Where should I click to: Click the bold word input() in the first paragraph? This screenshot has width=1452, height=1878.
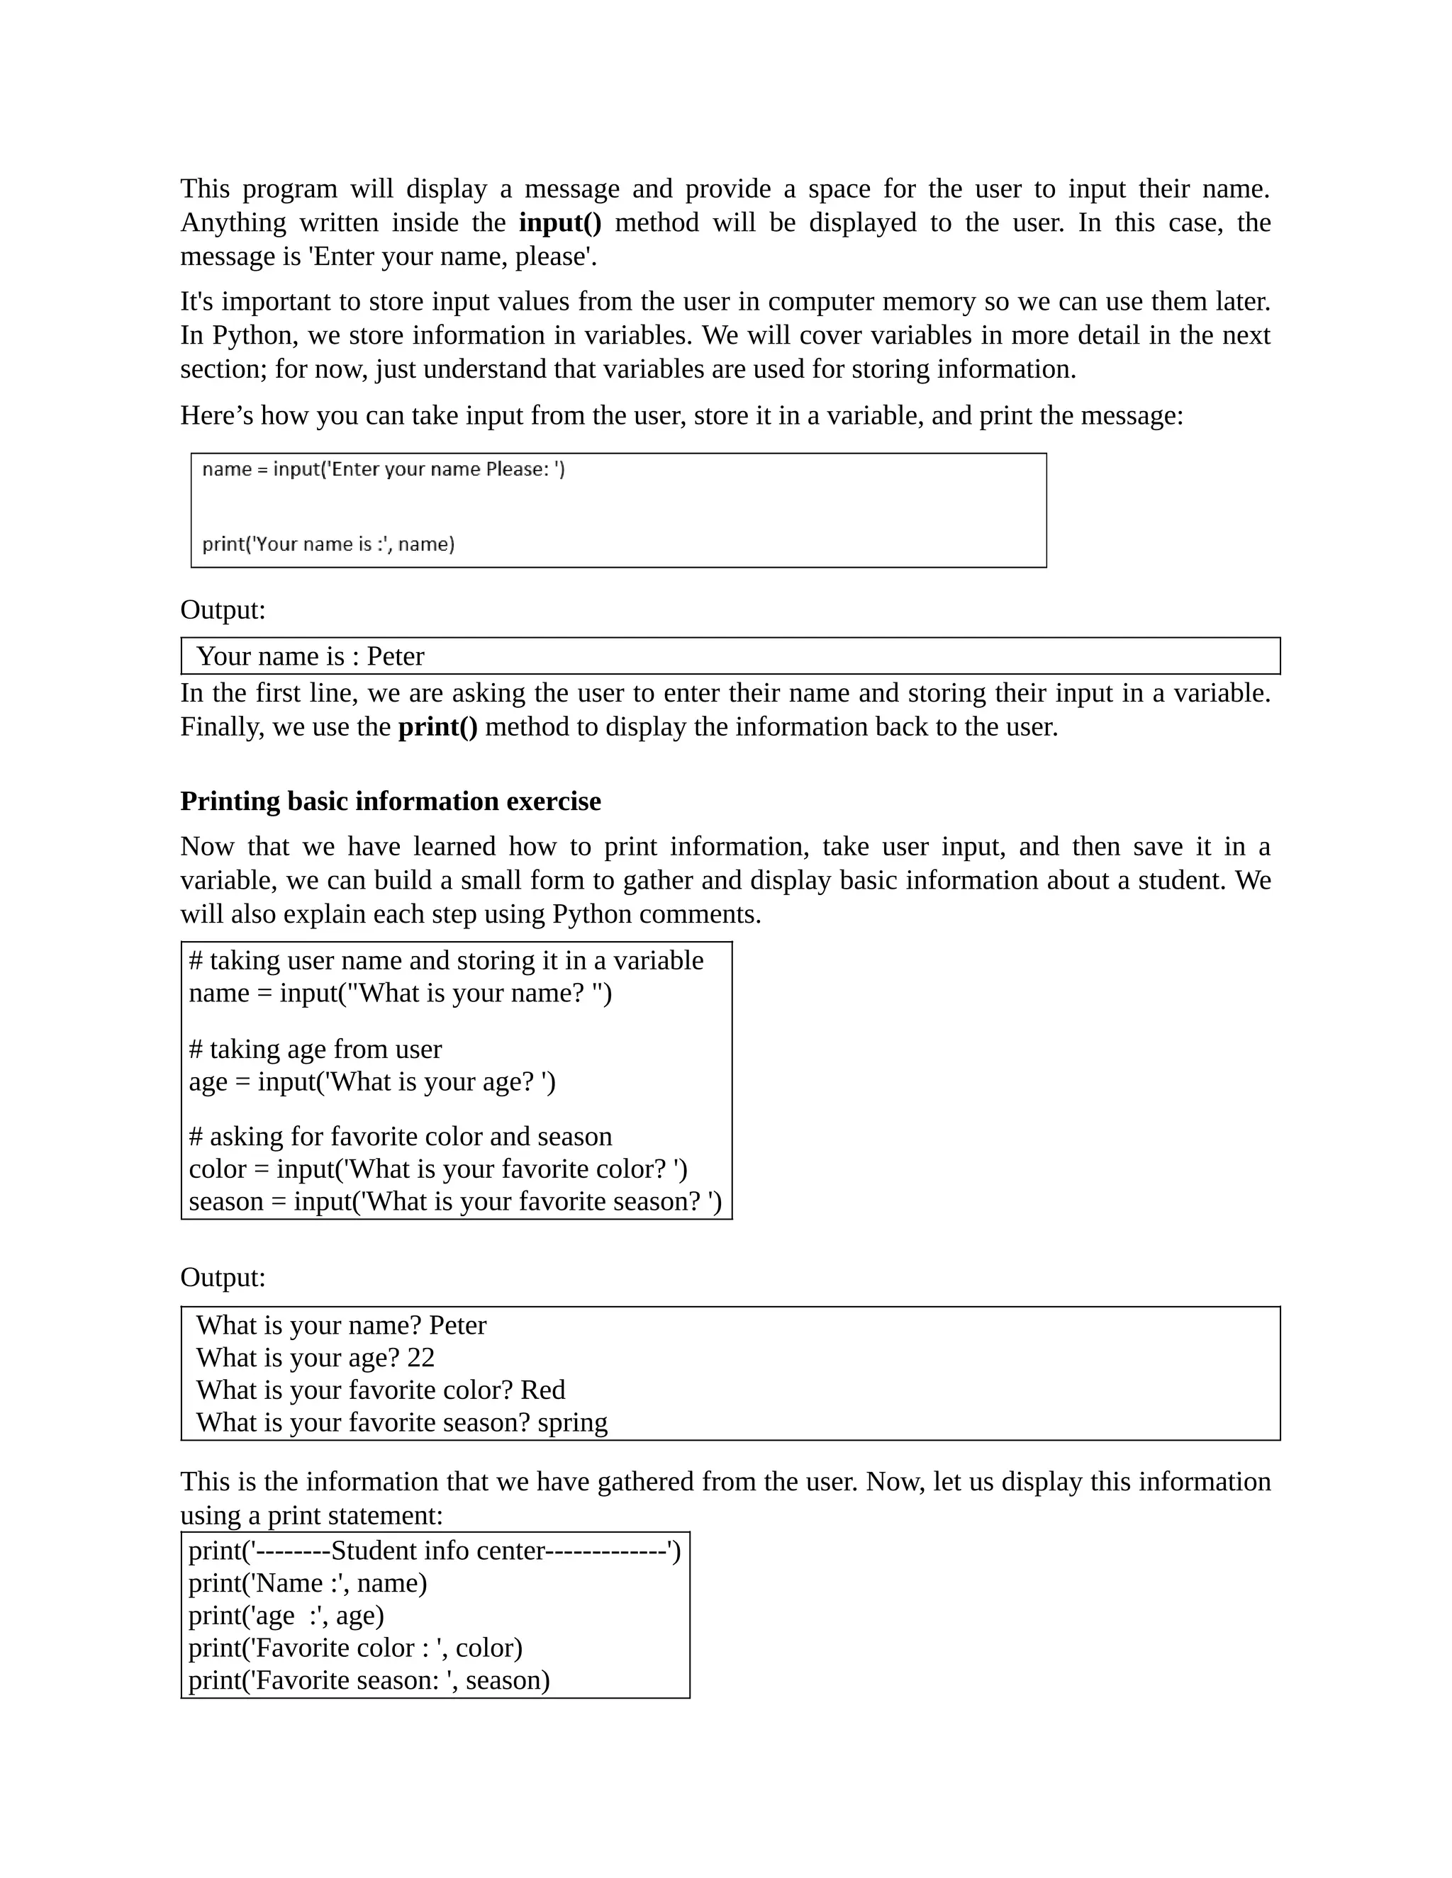coord(560,223)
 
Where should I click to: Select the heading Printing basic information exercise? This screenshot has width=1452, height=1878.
coord(390,801)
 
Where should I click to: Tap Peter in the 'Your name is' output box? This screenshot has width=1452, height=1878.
coord(395,656)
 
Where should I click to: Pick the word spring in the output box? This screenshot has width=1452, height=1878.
coord(572,1422)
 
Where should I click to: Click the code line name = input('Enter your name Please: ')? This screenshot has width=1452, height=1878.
coord(384,469)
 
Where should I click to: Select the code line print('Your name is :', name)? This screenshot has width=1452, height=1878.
coord(328,544)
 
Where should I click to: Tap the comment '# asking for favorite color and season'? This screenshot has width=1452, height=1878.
coord(400,1136)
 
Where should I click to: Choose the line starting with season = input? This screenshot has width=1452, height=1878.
coord(454,1201)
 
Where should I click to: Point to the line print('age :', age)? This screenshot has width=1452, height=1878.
coord(286,1615)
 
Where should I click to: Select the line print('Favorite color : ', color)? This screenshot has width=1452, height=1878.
coord(355,1648)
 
